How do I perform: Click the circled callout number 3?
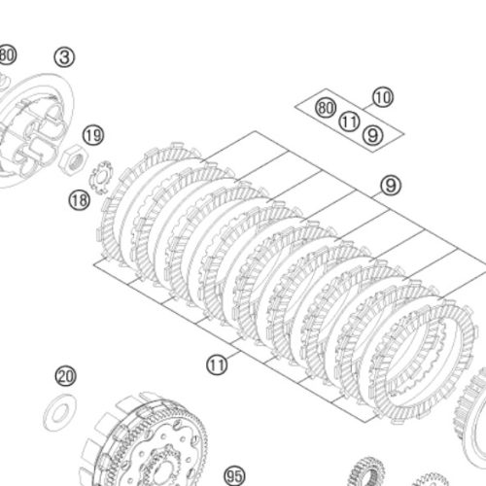click(64, 57)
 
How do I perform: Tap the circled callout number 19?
click(93, 135)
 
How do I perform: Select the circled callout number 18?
click(79, 200)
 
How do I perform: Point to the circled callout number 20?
click(66, 376)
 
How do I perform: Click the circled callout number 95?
click(234, 476)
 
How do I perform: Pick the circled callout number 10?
click(383, 97)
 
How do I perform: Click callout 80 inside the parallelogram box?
click(326, 108)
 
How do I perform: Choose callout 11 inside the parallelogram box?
click(349, 121)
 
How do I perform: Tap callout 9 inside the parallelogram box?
click(373, 135)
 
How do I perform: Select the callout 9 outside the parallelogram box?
click(391, 186)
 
